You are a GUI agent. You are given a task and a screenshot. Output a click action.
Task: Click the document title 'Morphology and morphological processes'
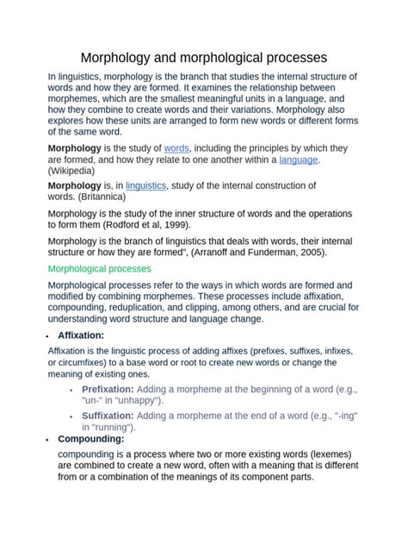204,58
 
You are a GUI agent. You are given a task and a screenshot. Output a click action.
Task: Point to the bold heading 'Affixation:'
81,335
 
